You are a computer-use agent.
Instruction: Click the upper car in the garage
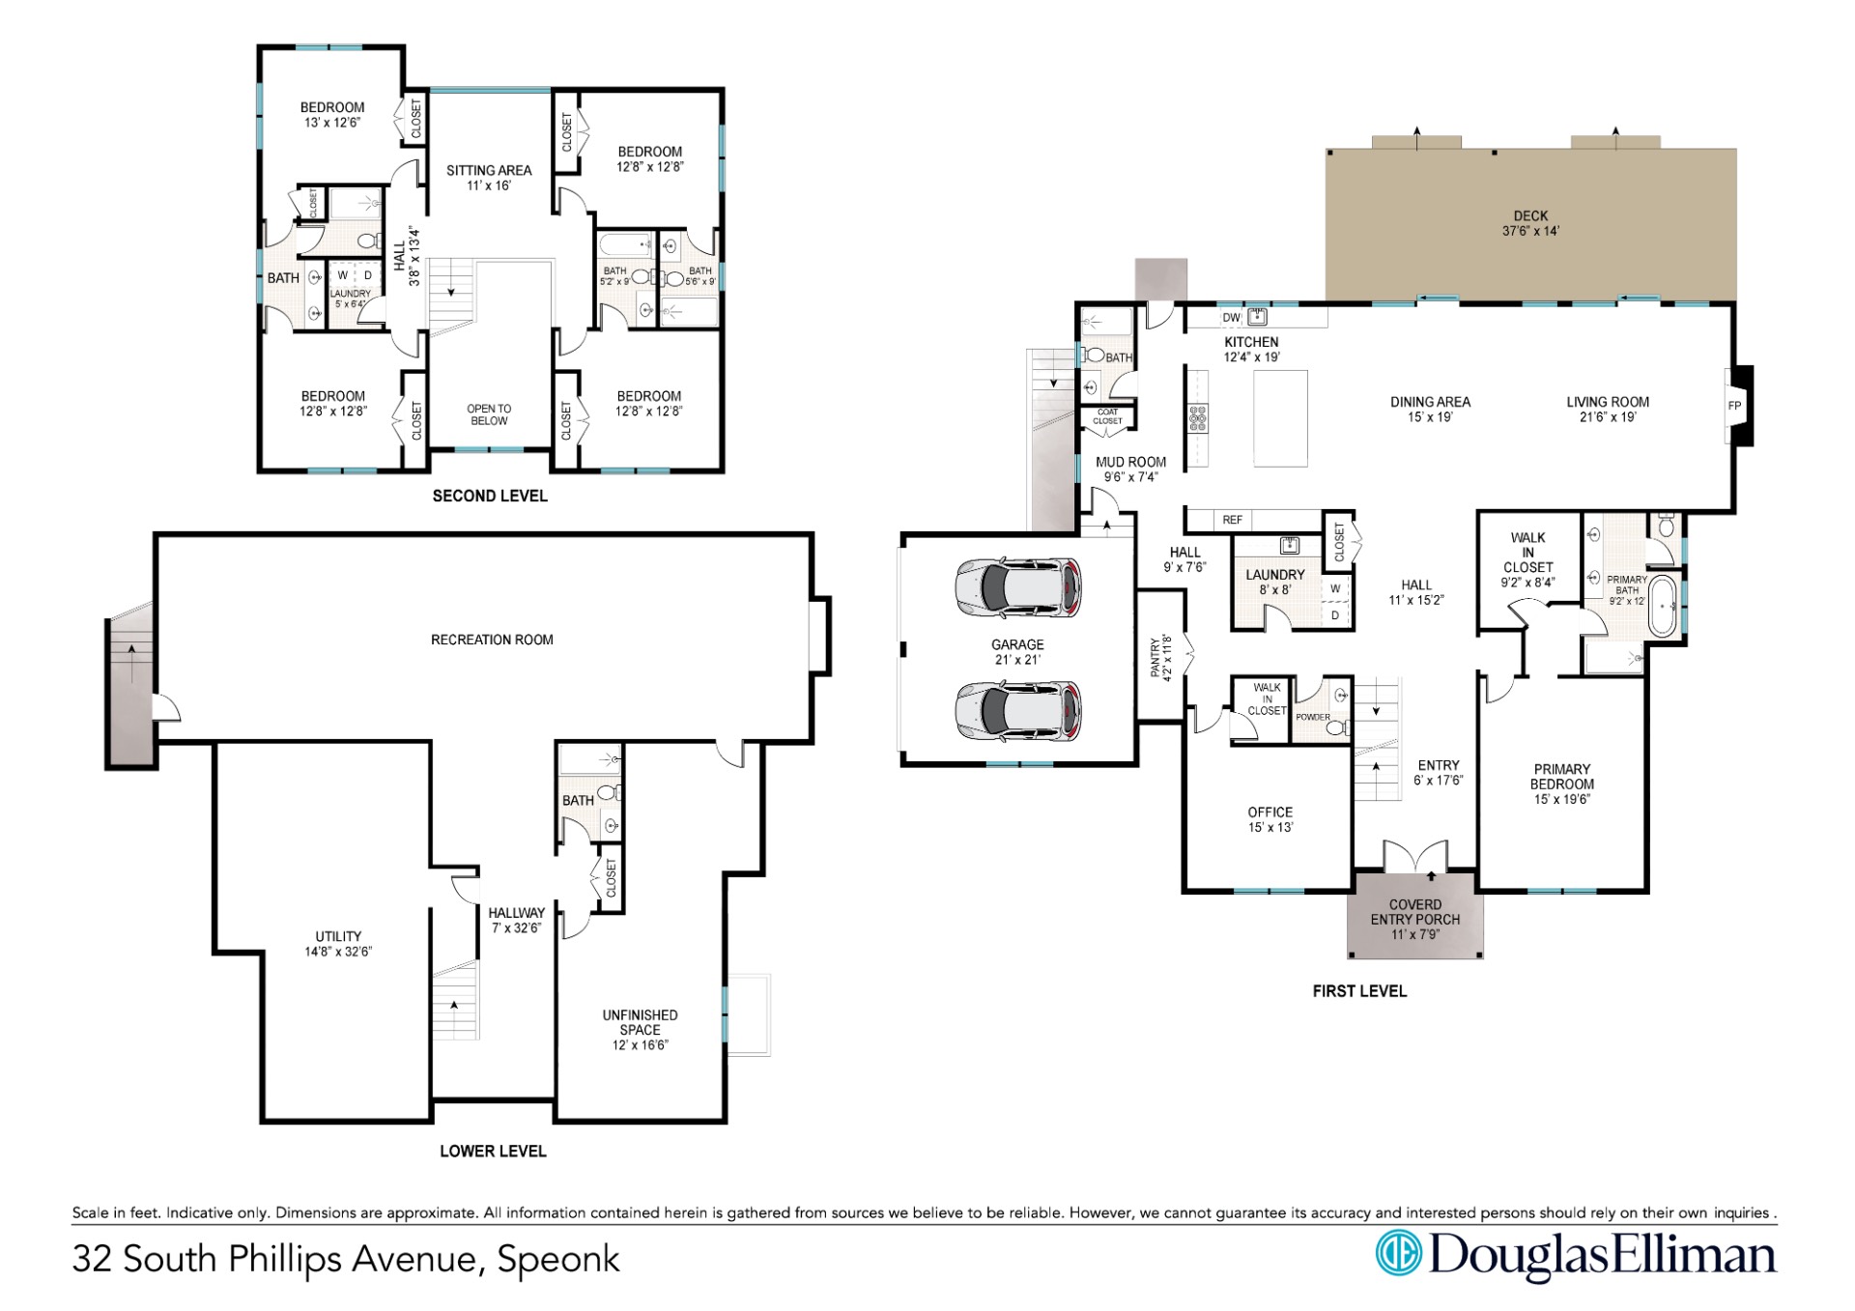pyautogui.click(x=1018, y=586)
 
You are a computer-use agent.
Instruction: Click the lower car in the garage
pyautogui.click(x=1018, y=713)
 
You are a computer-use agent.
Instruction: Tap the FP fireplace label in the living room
pyautogui.click(x=1734, y=406)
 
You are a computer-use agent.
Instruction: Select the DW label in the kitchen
pyautogui.click(x=1231, y=318)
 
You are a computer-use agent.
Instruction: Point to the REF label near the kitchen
pyautogui.click(x=1233, y=520)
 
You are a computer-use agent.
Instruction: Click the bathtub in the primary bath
pyautogui.click(x=1662, y=606)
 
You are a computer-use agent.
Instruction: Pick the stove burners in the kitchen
pyautogui.click(x=1198, y=418)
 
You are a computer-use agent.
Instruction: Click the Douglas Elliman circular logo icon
pyautogui.click(x=1397, y=1253)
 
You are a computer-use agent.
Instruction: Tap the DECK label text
pyautogui.click(x=1530, y=216)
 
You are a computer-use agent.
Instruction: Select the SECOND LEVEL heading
pyautogui.click(x=490, y=496)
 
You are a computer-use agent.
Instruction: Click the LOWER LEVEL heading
pyautogui.click(x=493, y=1151)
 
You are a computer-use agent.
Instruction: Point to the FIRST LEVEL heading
pyautogui.click(x=1359, y=991)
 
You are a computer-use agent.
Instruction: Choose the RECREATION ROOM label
pyautogui.click(x=492, y=640)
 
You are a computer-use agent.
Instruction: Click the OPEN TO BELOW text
pyautogui.click(x=489, y=414)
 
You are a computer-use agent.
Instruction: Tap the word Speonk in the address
pyautogui.click(x=558, y=1260)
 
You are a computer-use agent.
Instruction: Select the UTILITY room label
pyautogui.click(x=338, y=936)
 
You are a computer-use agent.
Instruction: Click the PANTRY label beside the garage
pyautogui.click(x=1156, y=657)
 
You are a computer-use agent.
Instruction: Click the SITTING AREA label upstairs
pyautogui.click(x=489, y=170)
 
